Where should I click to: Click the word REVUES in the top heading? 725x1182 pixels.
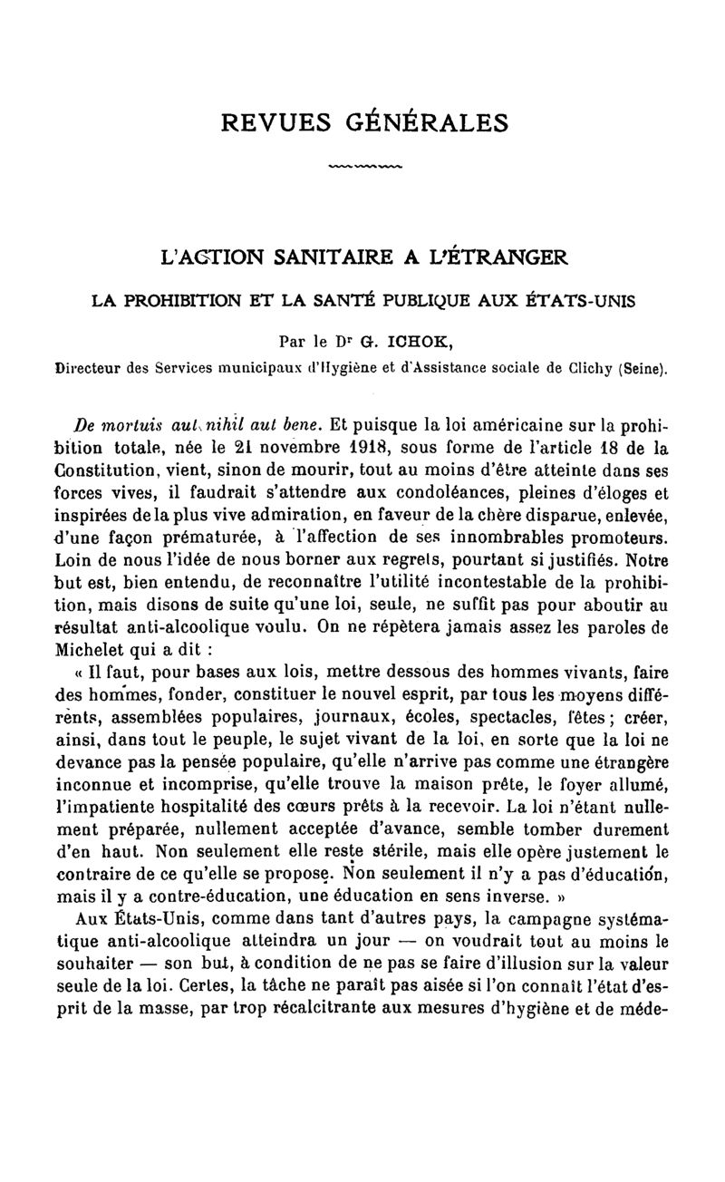[x=272, y=121]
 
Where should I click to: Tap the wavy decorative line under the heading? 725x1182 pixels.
[x=362, y=167]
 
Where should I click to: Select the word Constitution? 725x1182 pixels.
[x=108, y=470]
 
